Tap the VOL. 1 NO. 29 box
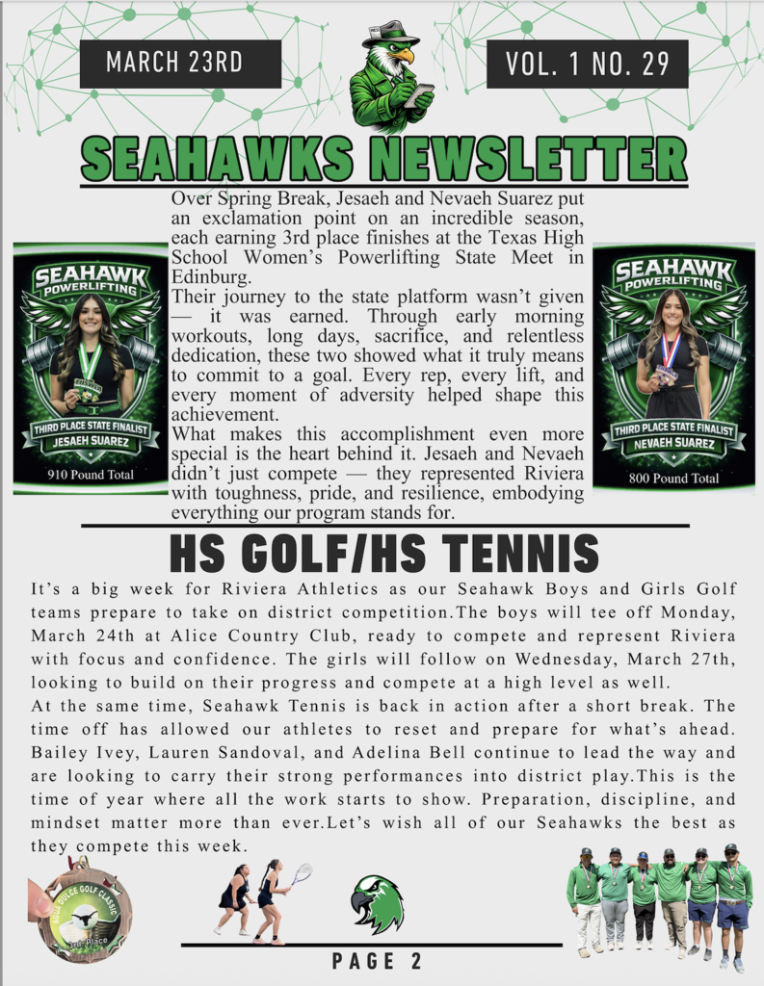pos(587,64)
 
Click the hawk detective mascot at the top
pos(391,77)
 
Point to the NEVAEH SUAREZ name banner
pos(674,444)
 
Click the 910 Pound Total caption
pos(90,475)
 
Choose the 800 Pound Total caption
pos(674,478)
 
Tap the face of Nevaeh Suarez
pos(672,312)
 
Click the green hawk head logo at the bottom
pos(377,903)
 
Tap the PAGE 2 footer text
pos(377,961)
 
